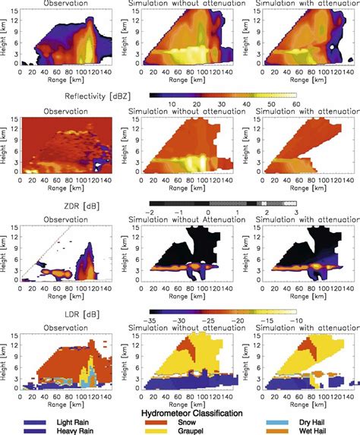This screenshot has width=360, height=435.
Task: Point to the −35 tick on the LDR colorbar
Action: tap(155, 321)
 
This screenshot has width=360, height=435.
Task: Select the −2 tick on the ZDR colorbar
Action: tap(155, 214)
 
